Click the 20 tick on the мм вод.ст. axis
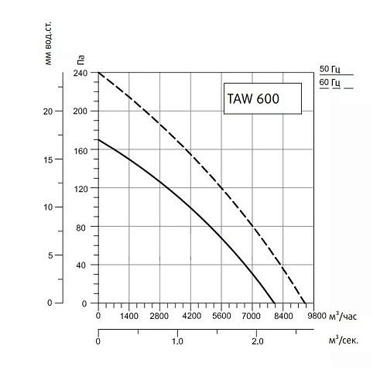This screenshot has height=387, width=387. (48, 111)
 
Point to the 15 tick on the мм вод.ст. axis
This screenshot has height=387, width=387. (48, 159)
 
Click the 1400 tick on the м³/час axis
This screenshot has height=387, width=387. (128, 316)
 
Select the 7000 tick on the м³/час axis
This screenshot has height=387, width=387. (252, 316)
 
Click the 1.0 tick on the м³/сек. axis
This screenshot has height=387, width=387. (177, 341)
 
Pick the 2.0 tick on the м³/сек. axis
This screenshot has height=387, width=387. (258, 341)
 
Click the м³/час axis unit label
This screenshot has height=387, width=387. (342, 315)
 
